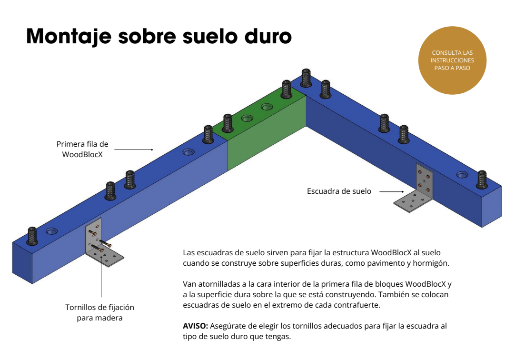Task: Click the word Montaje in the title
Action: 69,37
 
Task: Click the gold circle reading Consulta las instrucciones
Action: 452,60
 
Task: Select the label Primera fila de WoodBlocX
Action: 82,149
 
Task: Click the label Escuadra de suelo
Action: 339,191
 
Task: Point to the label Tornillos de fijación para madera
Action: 99,312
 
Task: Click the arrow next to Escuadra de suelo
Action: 392,191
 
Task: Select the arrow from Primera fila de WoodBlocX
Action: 134,150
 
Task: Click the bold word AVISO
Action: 195,326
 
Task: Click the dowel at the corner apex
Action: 306,78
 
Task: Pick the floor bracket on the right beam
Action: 414,190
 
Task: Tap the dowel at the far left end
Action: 32,236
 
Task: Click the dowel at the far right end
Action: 482,180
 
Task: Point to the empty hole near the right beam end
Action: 462,175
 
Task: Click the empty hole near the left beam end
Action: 51,231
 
